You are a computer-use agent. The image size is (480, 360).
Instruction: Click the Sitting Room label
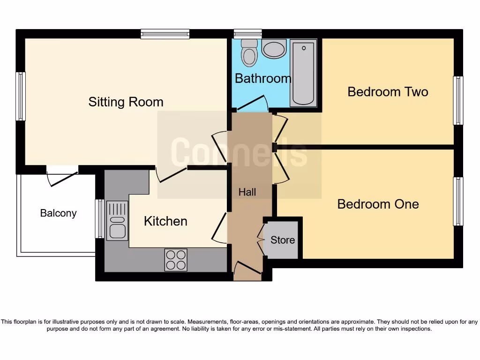[126, 102]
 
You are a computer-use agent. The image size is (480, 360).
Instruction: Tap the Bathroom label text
[262, 78]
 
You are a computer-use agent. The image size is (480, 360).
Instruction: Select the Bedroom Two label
[388, 91]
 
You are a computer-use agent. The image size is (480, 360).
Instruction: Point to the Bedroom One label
[378, 204]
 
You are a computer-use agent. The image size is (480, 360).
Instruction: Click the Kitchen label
[165, 221]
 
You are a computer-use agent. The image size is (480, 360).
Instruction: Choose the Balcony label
[58, 213]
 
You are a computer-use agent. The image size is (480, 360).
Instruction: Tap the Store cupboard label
[283, 240]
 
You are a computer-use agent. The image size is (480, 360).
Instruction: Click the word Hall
[247, 192]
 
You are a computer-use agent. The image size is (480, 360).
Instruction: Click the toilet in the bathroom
[249, 52]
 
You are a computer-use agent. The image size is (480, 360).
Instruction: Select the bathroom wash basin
[274, 49]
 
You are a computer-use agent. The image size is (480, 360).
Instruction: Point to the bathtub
[303, 73]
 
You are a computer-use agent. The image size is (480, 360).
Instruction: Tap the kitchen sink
[117, 220]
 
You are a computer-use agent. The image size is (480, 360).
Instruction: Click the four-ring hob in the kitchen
[176, 259]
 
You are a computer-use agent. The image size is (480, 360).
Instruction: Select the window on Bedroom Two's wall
[458, 100]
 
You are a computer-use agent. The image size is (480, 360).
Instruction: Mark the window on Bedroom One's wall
[458, 201]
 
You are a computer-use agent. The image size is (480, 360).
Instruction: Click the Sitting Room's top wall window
[165, 34]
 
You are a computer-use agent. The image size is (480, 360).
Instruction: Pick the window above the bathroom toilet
[247, 34]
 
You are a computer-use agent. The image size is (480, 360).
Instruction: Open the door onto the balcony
[62, 178]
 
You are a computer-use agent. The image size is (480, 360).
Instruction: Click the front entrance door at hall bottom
[247, 269]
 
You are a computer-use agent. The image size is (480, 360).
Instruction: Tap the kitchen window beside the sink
[99, 218]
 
